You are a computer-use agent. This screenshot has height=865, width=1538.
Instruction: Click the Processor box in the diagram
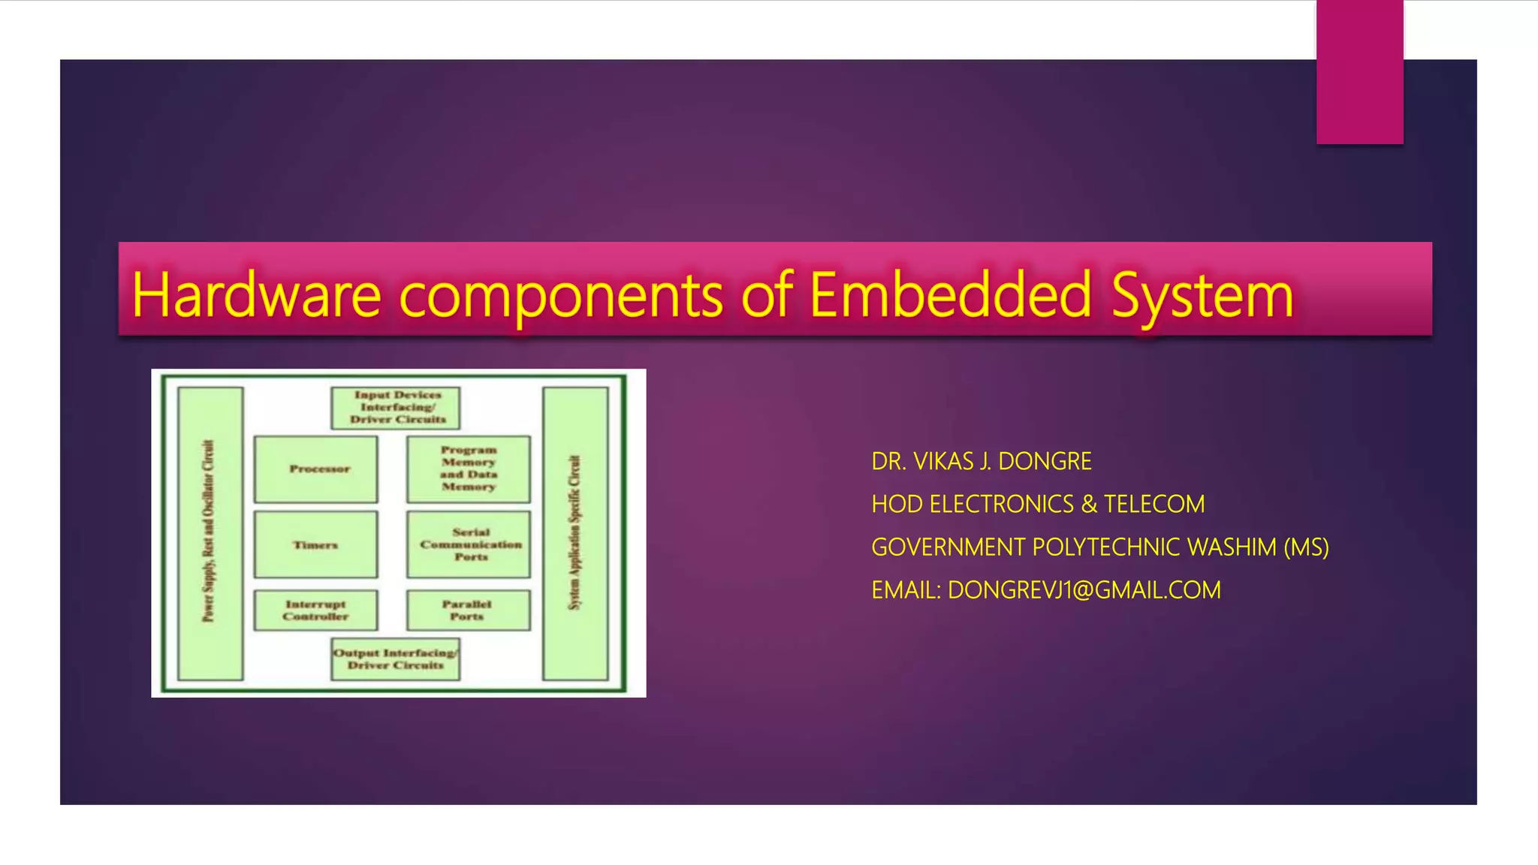point(316,469)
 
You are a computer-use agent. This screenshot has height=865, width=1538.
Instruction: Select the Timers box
point(316,545)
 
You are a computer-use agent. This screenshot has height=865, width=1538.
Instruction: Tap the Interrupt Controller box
point(316,610)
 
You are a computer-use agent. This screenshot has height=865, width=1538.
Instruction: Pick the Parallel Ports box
point(468,610)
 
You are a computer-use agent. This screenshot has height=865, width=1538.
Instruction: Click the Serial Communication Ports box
point(469,545)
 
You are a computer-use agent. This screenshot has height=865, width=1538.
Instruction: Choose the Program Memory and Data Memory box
point(469,469)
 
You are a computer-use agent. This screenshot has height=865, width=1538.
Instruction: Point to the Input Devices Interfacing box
point(396,408)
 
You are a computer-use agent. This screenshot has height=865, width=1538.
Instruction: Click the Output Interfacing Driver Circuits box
point(396,659)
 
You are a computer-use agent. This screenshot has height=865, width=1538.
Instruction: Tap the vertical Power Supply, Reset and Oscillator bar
point(210,533)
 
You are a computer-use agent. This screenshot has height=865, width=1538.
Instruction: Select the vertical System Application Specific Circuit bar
point(575,533)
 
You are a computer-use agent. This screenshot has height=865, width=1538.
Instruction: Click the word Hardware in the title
point(256,295)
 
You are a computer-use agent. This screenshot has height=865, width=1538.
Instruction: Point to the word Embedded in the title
point(950,295)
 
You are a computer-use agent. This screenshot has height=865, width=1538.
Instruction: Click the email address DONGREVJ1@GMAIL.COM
point(1084,590)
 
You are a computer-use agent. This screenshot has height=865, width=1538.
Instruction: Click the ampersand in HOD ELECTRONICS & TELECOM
point(1089,504)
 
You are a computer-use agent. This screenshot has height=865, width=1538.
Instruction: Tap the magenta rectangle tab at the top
point(1359,72)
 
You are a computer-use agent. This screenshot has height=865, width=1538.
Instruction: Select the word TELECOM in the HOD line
point(1154,504)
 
